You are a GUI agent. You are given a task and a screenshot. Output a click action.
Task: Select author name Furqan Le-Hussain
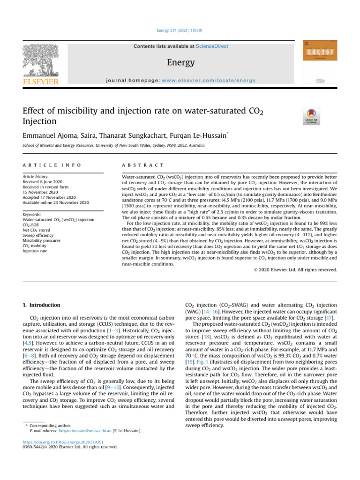click(x=194, y=134)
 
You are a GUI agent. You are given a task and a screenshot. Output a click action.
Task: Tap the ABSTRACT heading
click(x=142, y=165)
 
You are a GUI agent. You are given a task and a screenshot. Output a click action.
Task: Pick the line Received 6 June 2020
click(x=44, y=183)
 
